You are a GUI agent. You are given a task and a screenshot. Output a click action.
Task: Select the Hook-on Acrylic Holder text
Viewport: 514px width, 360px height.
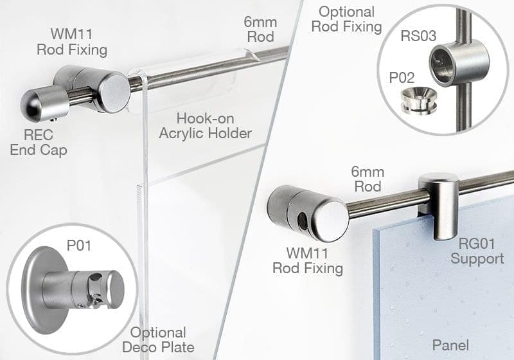(x=213, y=127)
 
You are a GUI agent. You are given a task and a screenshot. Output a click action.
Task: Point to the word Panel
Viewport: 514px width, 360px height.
(x=450, y=345)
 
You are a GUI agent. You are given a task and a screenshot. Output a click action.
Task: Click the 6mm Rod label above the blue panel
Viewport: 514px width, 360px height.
(x=368, y=179)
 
